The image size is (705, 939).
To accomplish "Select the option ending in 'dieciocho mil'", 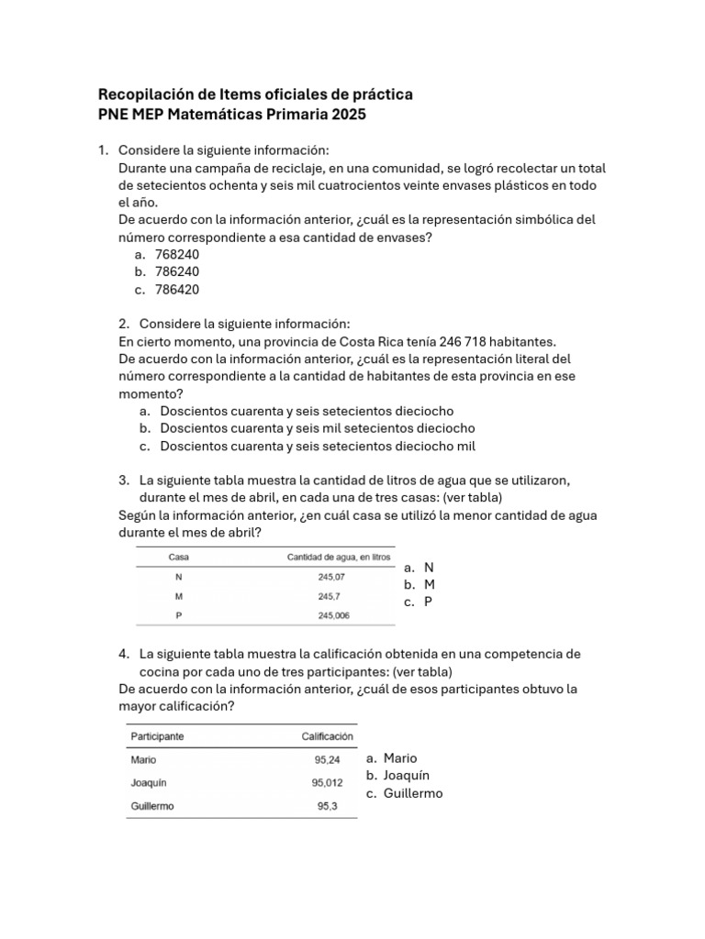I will click(318, 446).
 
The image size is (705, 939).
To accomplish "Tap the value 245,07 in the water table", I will click(331, 577).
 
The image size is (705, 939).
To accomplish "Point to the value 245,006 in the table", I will click(333, 615).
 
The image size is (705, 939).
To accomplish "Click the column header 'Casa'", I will click(178, 557).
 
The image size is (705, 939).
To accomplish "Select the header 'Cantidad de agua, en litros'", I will click(339, 557).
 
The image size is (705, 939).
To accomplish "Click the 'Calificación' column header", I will click(327, 735).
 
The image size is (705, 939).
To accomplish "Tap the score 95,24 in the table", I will click(327, 759).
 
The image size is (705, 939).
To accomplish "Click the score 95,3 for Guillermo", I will click(329, 807).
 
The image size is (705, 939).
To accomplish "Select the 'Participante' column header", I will click(157, 735).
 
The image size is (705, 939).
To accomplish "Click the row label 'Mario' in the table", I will click(143, 759).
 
